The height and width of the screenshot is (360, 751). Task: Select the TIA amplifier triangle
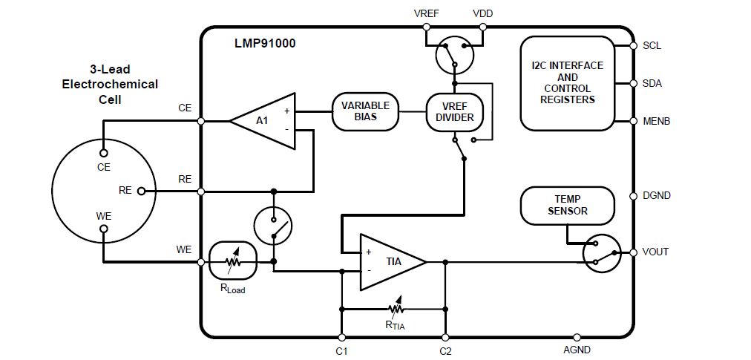[x=390, y=261]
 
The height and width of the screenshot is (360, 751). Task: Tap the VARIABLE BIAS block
[x=364, y=111]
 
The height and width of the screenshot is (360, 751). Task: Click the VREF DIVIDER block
[x=455, y=111]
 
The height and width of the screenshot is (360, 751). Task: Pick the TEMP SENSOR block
[x=567, y=205]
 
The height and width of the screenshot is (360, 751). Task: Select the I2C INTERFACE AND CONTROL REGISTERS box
[x=567, y=82]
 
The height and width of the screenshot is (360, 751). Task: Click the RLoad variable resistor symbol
[x=233, y=261]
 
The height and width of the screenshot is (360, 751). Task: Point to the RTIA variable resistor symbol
[x=394, y=308]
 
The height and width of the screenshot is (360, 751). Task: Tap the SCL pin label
[x=652, y=45]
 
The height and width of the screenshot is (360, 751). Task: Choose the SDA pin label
[x=652, y=83]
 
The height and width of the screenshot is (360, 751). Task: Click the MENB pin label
[x=656, y=120]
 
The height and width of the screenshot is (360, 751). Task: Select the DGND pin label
[x=656, y=196]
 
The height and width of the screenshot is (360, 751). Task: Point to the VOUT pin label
[x=655, y=252]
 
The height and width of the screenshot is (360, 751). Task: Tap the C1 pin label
[x=341, y=350]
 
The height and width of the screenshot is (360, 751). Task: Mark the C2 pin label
[x=445, y=350]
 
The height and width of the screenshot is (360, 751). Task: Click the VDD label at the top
[x=482, y=13]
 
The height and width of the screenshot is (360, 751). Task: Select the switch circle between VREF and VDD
[x=454, y=56]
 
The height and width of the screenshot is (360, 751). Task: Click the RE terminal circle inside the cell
[x=140, y=191]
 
